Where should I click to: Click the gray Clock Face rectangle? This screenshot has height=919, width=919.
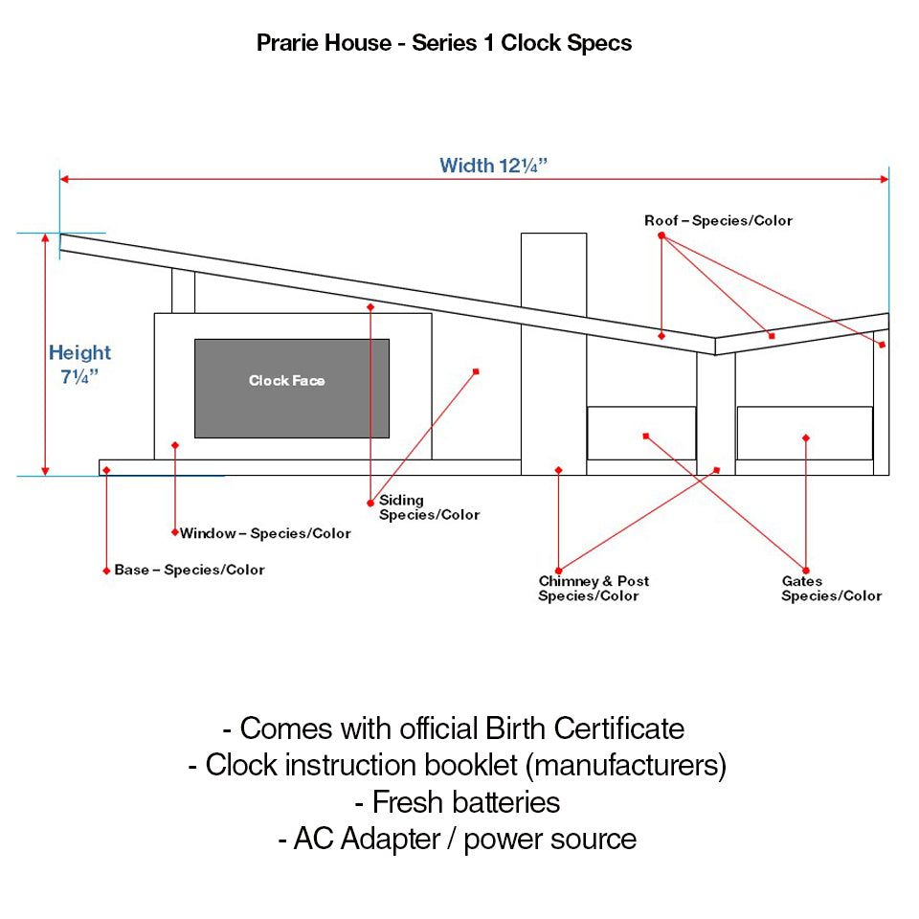[292, 388]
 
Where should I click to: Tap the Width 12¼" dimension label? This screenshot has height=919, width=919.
[493, 165]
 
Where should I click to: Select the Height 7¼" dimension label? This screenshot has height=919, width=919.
[79, 364]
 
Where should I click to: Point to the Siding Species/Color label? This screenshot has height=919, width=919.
[429, 507]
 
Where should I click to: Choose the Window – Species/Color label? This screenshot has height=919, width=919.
[265, 533]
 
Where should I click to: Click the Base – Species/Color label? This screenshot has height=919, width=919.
[189, 570]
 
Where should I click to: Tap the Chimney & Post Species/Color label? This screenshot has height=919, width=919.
[593, 589]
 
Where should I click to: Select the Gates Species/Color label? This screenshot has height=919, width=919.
[831, 589]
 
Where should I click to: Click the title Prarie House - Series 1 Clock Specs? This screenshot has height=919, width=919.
[444, 43]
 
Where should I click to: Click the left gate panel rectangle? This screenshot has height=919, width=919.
[640, 433]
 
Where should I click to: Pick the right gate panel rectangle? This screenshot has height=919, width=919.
[804, 433]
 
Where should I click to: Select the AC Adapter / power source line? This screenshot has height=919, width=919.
[457, 839]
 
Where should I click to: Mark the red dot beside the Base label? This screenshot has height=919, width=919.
[106, 571]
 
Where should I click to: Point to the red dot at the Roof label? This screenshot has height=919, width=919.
[661, 235]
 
